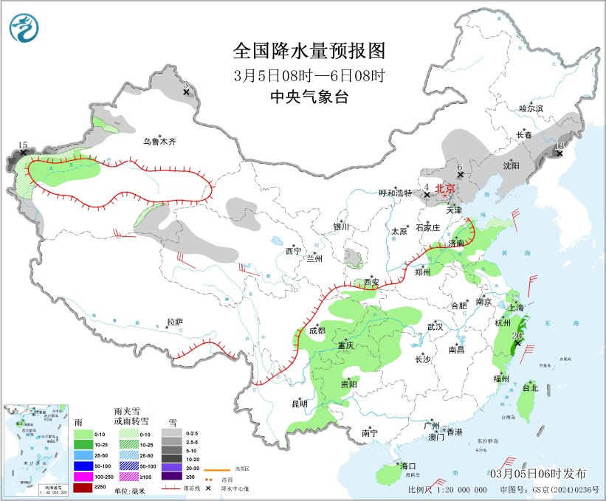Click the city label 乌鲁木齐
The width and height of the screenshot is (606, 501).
159,141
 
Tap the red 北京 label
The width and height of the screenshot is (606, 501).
445,188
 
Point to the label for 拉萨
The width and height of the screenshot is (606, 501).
175,322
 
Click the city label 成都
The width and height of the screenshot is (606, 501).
317,331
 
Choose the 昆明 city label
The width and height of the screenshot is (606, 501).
299,403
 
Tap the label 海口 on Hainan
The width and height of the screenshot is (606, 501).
408,466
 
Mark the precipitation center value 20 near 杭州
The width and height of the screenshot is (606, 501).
517,335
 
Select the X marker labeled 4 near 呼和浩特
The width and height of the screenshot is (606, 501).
427,196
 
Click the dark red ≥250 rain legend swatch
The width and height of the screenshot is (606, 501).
83,488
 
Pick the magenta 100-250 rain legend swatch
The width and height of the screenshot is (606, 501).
83,477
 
